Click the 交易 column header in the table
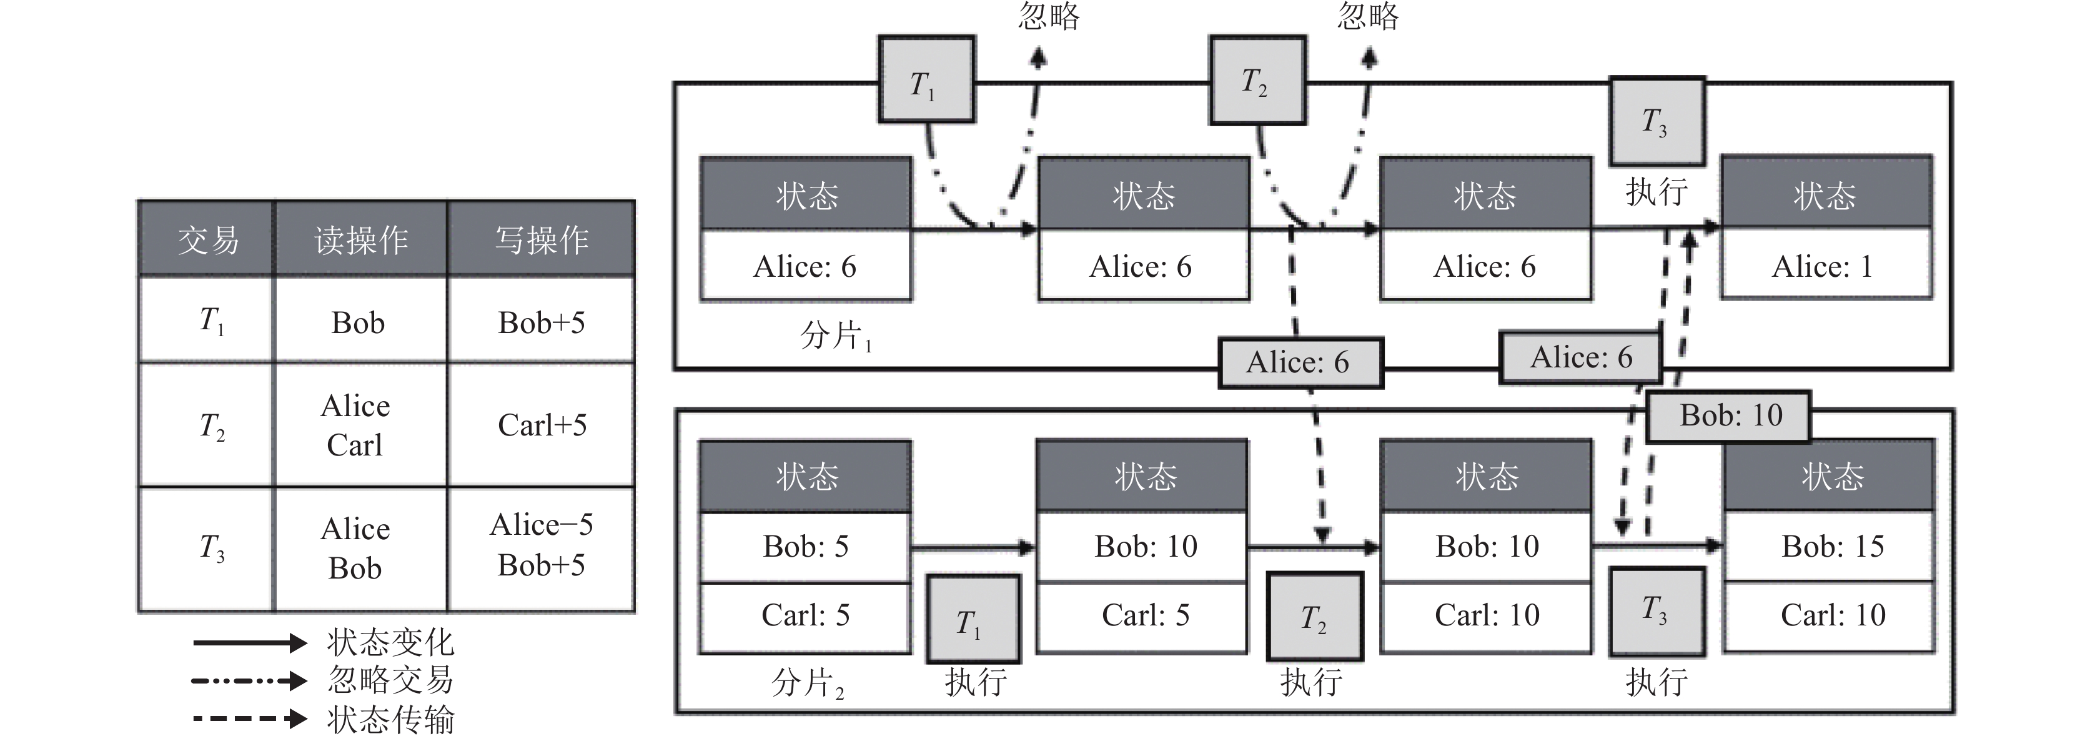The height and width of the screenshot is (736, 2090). point(208,240)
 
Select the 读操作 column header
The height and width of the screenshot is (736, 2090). point(361,240)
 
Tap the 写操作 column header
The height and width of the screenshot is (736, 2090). point(541,240)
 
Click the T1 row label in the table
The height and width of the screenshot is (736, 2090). point(211,321)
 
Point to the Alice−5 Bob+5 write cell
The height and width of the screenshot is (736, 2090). point(541,545)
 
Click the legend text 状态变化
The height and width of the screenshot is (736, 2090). point(390,643)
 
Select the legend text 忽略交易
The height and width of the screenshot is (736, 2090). point(390,680)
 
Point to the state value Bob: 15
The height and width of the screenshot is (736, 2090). point(1832,546)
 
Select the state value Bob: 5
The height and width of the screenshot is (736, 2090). point(805,546)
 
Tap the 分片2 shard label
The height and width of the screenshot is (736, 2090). point(806,682)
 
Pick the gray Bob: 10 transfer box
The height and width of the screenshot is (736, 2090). point(1730,415)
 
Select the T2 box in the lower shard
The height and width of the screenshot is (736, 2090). point(1314,617)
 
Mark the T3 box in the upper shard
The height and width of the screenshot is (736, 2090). point(1655,122)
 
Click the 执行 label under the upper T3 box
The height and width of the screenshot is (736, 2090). point(1655,192)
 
